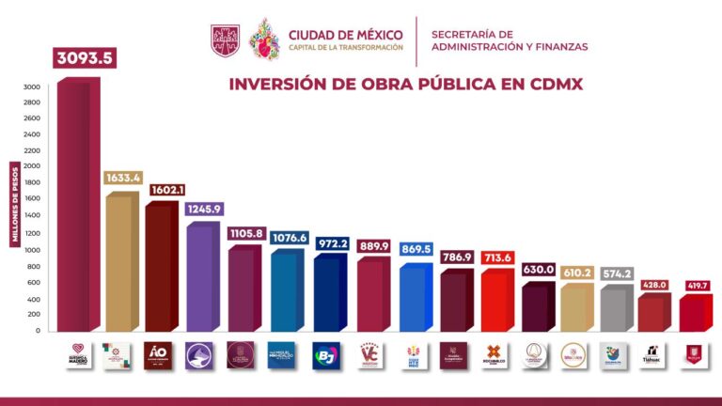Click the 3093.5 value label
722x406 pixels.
click(77, 57)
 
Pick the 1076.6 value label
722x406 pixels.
click(289, 238)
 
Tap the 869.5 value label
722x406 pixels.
click(415, 250)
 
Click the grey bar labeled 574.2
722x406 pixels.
click(617, 310)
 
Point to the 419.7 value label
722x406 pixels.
click(697, 285)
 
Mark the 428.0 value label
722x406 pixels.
click(655, 285)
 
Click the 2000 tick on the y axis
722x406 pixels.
click(32, 167)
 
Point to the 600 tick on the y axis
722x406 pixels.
click(33, 282)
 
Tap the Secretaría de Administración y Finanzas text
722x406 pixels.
click(509, 40)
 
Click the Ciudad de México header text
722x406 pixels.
click(346, 35)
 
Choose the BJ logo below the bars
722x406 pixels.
click(325, 355)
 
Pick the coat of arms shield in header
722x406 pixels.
click(225, 39)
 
